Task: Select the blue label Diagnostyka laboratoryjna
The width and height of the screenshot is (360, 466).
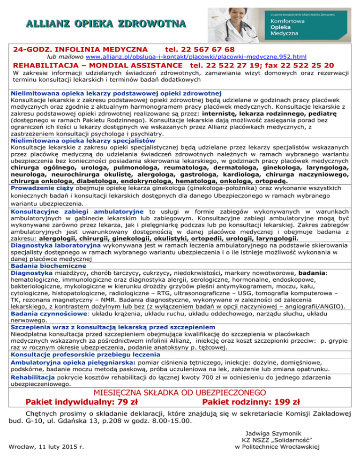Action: coord(55,245)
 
